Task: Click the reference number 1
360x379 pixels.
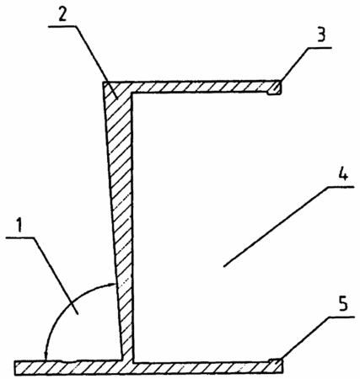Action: [x=19, y=226]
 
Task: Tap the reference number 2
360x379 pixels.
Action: [x=62, y=13]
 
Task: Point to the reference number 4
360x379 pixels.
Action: [x=342, y=172]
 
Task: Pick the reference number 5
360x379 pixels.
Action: [x=343, y=304]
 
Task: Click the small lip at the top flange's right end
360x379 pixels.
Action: [x=274, y=88]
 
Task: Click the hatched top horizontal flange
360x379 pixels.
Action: [x=192, y=87]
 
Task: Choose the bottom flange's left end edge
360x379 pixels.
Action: [x=15, y=367]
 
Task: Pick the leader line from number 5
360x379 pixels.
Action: [x=306, y=338]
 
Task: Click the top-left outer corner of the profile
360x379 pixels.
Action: [x=103, y=82]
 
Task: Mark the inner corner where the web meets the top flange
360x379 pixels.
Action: [x=132, y=93]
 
